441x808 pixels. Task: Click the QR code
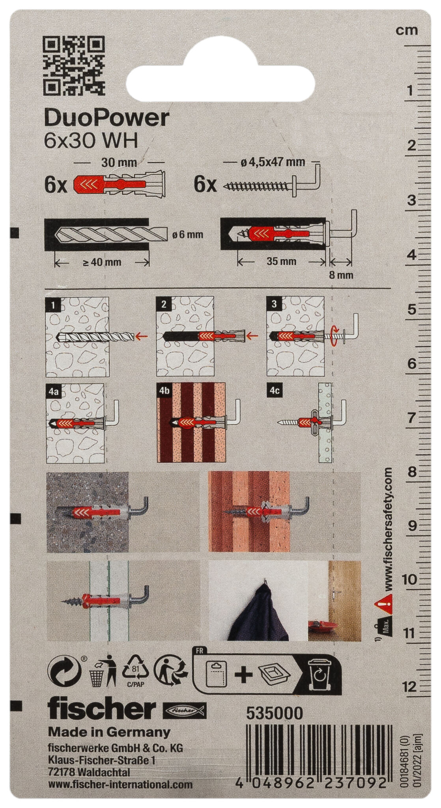coord(74,65)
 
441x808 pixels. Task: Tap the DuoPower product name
coord(107,118)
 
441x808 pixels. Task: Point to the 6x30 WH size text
coord(91,141)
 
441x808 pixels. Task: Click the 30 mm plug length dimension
coord(119,162)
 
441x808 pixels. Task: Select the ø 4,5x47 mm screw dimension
coord(273,161)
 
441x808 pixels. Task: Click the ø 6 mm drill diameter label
coord(188,235)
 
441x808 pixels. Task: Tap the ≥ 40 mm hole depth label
coord(102,262)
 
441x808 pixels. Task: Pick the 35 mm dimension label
coord(281,261)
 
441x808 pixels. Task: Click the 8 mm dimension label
coord(341,275)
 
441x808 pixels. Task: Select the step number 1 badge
coord(53,304)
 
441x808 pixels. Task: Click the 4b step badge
coord(164,391)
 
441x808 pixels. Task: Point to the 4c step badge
coord(275,391)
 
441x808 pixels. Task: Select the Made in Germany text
coord(109,732)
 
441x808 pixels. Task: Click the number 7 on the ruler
coord(411,417)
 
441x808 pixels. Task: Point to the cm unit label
coord(407,30)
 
